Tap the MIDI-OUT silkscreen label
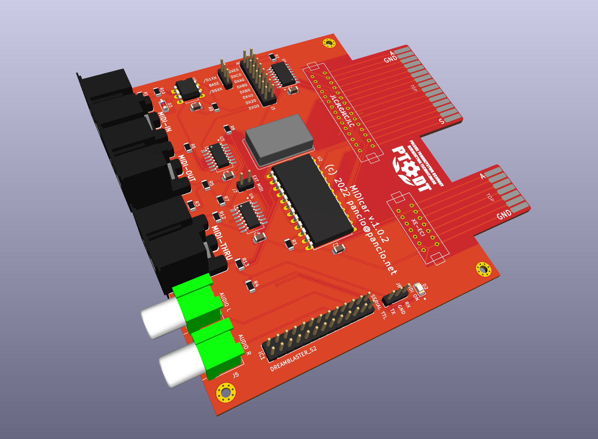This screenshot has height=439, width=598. [x=187, y=168]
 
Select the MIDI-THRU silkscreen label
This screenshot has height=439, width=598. [x=222, y=243]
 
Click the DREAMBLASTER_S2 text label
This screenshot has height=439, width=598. [x=293, y=359]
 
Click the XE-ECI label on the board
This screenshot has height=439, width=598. [x=418, y=228]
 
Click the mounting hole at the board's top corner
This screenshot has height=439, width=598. [x=329, y=43]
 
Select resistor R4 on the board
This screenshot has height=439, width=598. [x=250, y=286]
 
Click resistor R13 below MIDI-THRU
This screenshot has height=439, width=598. [x=240, y=264]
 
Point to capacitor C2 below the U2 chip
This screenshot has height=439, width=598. [x=338, y=249]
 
